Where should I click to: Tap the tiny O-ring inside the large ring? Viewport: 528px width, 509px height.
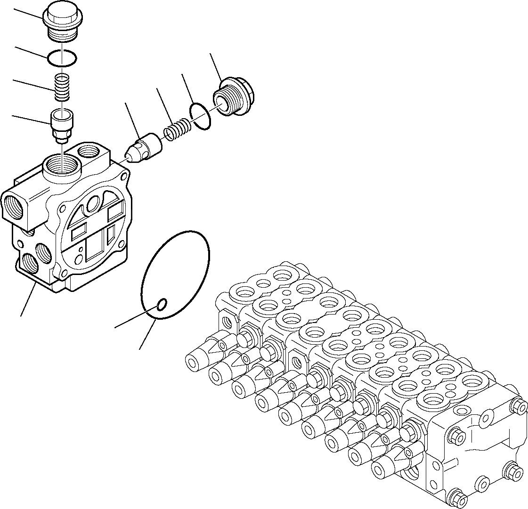pos(161,305)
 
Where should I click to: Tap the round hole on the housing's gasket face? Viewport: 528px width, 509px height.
pos(93,203)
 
